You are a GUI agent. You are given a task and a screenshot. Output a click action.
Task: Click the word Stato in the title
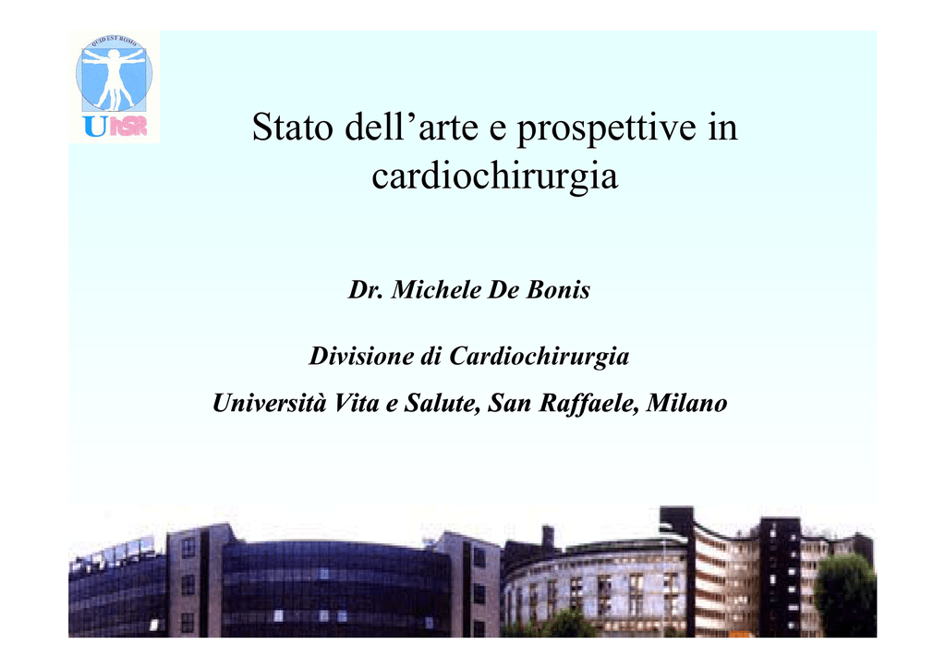coord(293,127)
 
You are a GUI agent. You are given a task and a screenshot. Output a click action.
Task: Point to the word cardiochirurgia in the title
coord(495,177)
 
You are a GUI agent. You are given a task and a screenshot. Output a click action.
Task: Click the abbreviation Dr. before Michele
coord(365,289)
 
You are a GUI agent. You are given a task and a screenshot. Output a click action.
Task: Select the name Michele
coord(436,289)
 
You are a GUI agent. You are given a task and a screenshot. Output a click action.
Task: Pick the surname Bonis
coord(558,289)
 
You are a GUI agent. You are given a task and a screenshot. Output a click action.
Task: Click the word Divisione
coord(362,356)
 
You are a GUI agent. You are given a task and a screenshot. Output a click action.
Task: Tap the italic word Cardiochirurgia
coord(540,357)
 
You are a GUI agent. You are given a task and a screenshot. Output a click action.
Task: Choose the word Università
coord(268,403)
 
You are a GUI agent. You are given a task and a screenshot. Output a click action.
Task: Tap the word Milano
coord(686,403)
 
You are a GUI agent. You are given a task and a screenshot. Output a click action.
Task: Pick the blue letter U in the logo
coord(96,126)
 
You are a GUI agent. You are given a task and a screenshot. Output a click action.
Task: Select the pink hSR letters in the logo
coord(127,126)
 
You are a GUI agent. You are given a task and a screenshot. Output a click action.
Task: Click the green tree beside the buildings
coord(844,595)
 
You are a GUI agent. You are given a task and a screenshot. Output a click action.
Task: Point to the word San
coord(510,403)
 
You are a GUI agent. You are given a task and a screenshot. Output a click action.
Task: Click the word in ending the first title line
coord(722,127)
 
